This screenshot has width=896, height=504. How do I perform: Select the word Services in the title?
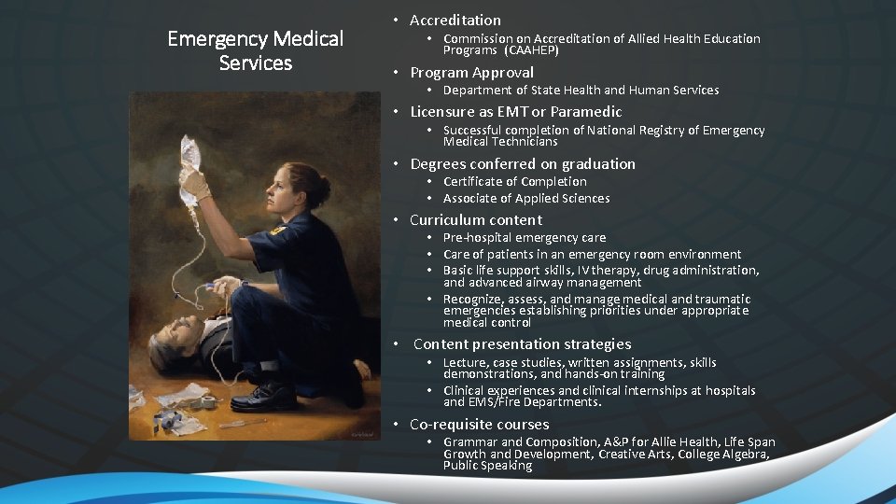pyautogui.click(x=256, y=63)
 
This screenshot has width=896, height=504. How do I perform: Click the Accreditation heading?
pyautogui.click(x=455, y=20)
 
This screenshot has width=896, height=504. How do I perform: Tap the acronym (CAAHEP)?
pyautogui.click(x=531, y=50)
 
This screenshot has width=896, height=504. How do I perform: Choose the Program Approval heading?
pyautogui.click(x=471, y=72)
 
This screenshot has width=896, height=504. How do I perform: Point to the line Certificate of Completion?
pyautogui.click(x=514, y=181)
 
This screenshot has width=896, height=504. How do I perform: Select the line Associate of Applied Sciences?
pyautogui.click(x=525, y=198)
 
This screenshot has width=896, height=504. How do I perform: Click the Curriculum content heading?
pyautogui.click(x=475, y=219)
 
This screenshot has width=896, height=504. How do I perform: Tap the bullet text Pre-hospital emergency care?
pyautogui.click(x=524, y=237)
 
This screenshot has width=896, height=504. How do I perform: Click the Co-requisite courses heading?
pyautogui.click(x=479, y=425)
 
